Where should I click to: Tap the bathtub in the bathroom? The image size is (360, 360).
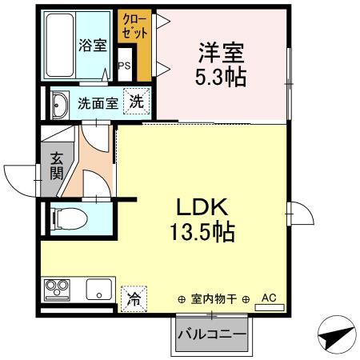click(59, 45)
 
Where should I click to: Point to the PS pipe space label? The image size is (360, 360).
click(124, 66)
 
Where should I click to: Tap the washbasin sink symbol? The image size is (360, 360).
click(59, 104)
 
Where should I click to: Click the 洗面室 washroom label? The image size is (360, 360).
click(98, 103)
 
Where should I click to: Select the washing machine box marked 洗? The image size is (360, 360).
click(137, 102)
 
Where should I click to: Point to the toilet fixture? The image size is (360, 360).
click(66, 218)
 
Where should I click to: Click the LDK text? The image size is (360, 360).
click(201, 207)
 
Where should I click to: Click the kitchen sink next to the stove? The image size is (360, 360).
click(100, 289)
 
